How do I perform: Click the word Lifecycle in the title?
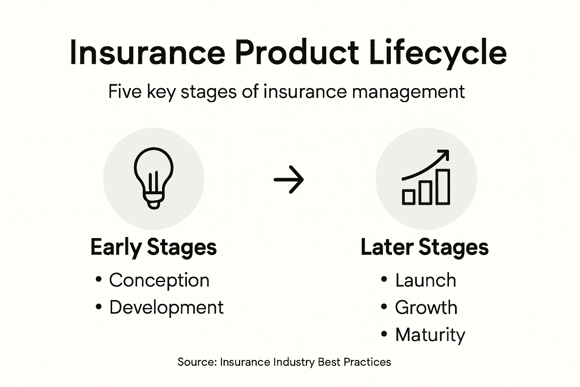[x=438, y=53]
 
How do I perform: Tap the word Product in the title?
[x=296, y=53]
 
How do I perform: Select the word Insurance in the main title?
[x=147, y=53]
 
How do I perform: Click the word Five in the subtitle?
[x=124, y=91]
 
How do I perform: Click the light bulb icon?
[x=154, y=178]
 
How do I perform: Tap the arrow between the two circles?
[x=289, y=180]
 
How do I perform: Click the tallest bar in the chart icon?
[x=443, y=187]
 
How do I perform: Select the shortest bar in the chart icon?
[x=409, y=197]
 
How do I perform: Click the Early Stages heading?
[x=154, y=247]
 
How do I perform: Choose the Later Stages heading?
[x=424, y=247]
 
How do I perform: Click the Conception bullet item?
[x=159, y=280]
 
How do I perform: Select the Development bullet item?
[x=166, y=307]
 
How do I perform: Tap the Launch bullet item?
[x=426, y=280]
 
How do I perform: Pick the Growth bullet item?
[x=426, y=307]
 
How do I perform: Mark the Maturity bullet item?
[x=430, y=335]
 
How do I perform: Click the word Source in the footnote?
[x=196, y=362]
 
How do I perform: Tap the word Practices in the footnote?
[x=367, y=362]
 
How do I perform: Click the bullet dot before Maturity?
[x=384, y=334]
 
